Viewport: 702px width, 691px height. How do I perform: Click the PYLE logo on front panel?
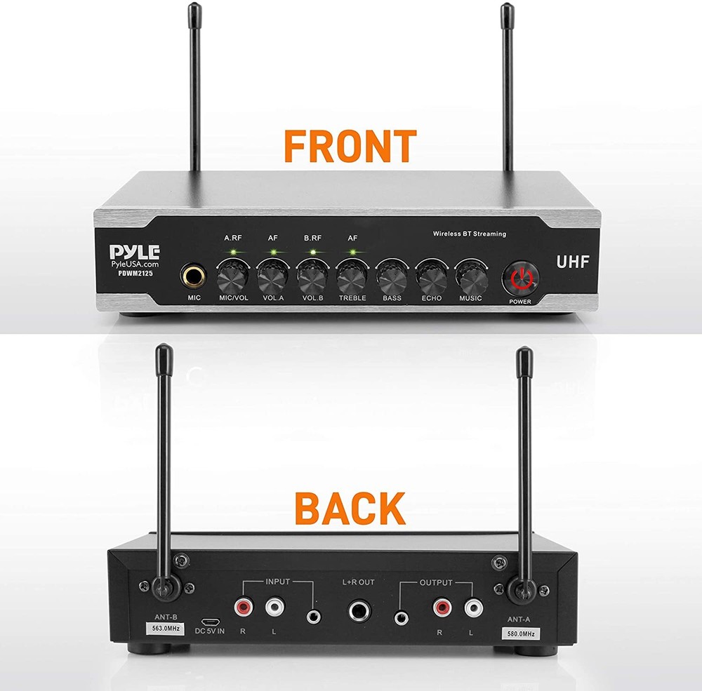134,251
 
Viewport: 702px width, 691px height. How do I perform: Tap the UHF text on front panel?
572,262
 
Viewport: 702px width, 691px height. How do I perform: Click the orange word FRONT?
350,146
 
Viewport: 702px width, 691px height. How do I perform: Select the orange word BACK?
350,509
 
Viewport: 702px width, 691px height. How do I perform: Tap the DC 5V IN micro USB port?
208,622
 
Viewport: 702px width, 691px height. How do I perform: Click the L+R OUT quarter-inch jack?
358,610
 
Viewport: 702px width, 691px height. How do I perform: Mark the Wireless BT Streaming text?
469,234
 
